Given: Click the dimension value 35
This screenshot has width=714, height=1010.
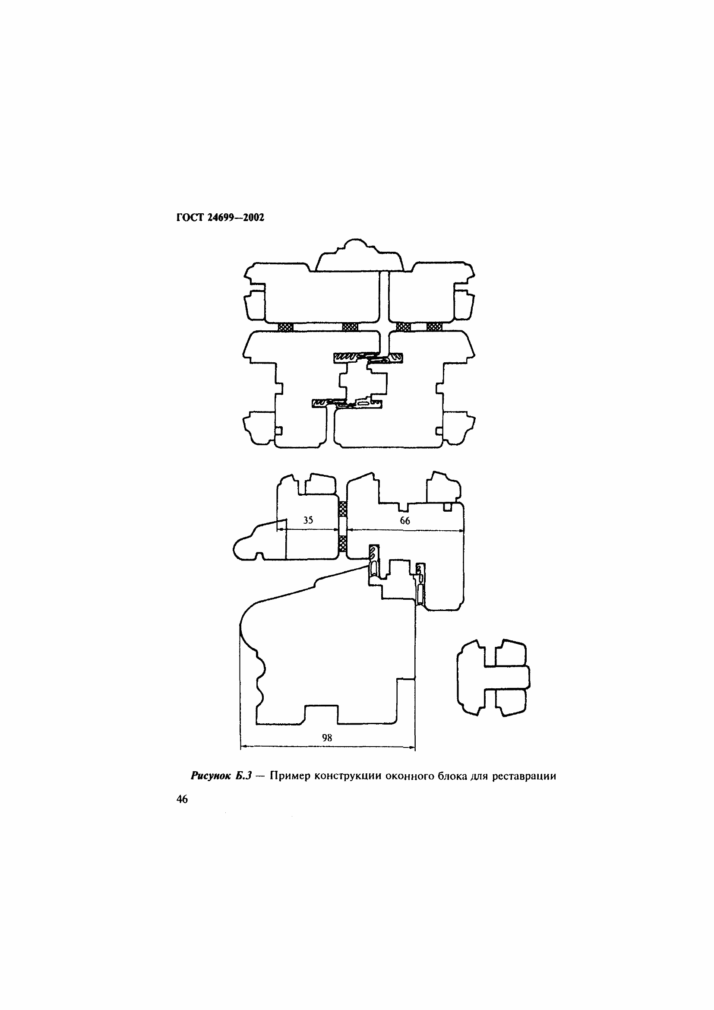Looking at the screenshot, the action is pos(308,520).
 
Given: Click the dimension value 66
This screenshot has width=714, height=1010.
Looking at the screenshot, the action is pos(405,521).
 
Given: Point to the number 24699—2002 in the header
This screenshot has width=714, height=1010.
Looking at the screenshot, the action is pos(236,218).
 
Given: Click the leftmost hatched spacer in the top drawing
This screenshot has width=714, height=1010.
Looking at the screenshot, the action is pos(286,327).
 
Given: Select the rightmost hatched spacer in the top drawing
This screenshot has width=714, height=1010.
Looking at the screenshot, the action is pos(434,327).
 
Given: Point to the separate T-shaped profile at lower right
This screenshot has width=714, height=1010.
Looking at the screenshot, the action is pos(493,677).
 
